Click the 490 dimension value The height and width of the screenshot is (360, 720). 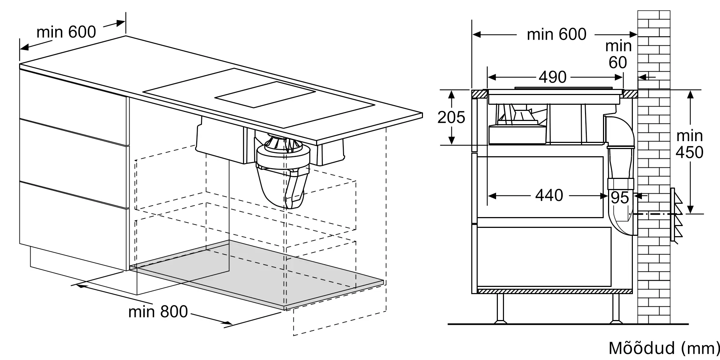tap(553, 77)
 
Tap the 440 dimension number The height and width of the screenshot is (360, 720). tap(549, 195)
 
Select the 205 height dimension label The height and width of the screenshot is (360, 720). tap(451, 117)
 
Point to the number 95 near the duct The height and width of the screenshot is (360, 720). tap(620, 198)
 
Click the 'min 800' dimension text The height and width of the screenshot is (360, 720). tap(158, 312)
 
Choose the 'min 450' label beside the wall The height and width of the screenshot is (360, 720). tap(689, 144)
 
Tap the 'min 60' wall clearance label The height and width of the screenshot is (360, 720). tap(618, 54)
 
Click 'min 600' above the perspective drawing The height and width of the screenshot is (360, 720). tap(66, 32)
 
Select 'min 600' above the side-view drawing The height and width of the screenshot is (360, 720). tap(557, 35)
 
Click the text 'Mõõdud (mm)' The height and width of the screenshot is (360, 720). tap(663, 348)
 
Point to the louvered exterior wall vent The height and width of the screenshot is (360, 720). tap(676, 215)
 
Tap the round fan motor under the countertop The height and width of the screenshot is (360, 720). tap(283, 155)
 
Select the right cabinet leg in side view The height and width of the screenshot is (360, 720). tap(616, 309)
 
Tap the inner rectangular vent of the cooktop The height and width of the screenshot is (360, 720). tap(265, 95)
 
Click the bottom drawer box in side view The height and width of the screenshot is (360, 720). tap(544, 256)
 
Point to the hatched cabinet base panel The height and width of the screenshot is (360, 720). tap(555, 291)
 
